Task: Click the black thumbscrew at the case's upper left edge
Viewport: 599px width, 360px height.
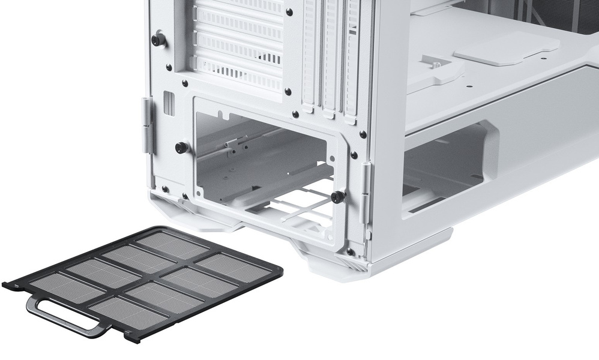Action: click(x=158, y=40)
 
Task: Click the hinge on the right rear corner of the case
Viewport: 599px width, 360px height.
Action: click(x=365, y=192)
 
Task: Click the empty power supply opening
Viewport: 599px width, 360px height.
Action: click(x=264, y=162)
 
